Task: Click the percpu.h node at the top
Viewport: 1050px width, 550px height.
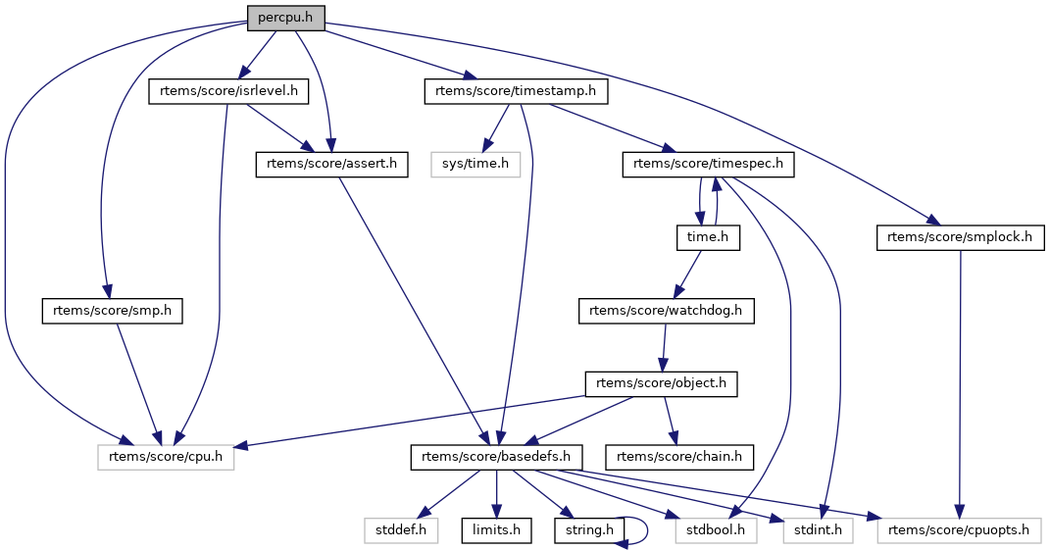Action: click(284, 18)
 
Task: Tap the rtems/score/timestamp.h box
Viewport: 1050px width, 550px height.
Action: click(516, 92)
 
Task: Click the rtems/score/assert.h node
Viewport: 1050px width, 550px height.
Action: click(331, 165)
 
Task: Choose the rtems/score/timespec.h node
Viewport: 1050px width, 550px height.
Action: click(708, 165)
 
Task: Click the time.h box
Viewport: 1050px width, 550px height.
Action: click(706, 237)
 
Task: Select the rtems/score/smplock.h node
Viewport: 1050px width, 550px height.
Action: click(961, 237)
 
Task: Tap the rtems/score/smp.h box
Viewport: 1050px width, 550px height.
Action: click(113, 311)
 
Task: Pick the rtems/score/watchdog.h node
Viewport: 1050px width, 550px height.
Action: click(666, 311)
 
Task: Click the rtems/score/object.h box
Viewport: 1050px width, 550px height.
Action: click(661, 383)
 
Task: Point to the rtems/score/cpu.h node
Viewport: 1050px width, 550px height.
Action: click(166, 457)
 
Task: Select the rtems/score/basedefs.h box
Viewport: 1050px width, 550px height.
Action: click(496, 457)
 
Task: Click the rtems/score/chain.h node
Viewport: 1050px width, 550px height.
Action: click(680, 457)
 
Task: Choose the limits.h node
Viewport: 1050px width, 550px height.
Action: click(496, 530)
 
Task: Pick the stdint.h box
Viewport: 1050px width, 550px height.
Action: click(818, 530)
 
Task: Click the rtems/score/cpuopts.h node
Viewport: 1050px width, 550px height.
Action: click(959, 530)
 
